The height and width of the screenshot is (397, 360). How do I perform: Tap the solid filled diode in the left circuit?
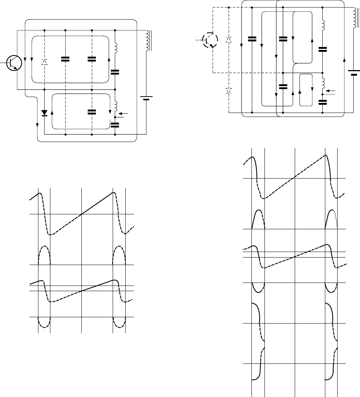click(44, 112)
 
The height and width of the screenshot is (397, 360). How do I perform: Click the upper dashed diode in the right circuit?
click(229, 39)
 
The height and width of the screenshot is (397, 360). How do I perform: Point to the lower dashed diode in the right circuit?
click(229, 91)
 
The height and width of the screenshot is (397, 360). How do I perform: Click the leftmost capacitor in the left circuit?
click(65, 59)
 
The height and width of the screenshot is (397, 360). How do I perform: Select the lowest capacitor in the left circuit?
click(115, 125)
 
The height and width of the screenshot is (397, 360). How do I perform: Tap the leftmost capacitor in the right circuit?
click(252, 39)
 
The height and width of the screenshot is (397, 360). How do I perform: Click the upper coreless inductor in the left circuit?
click(115, 47)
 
